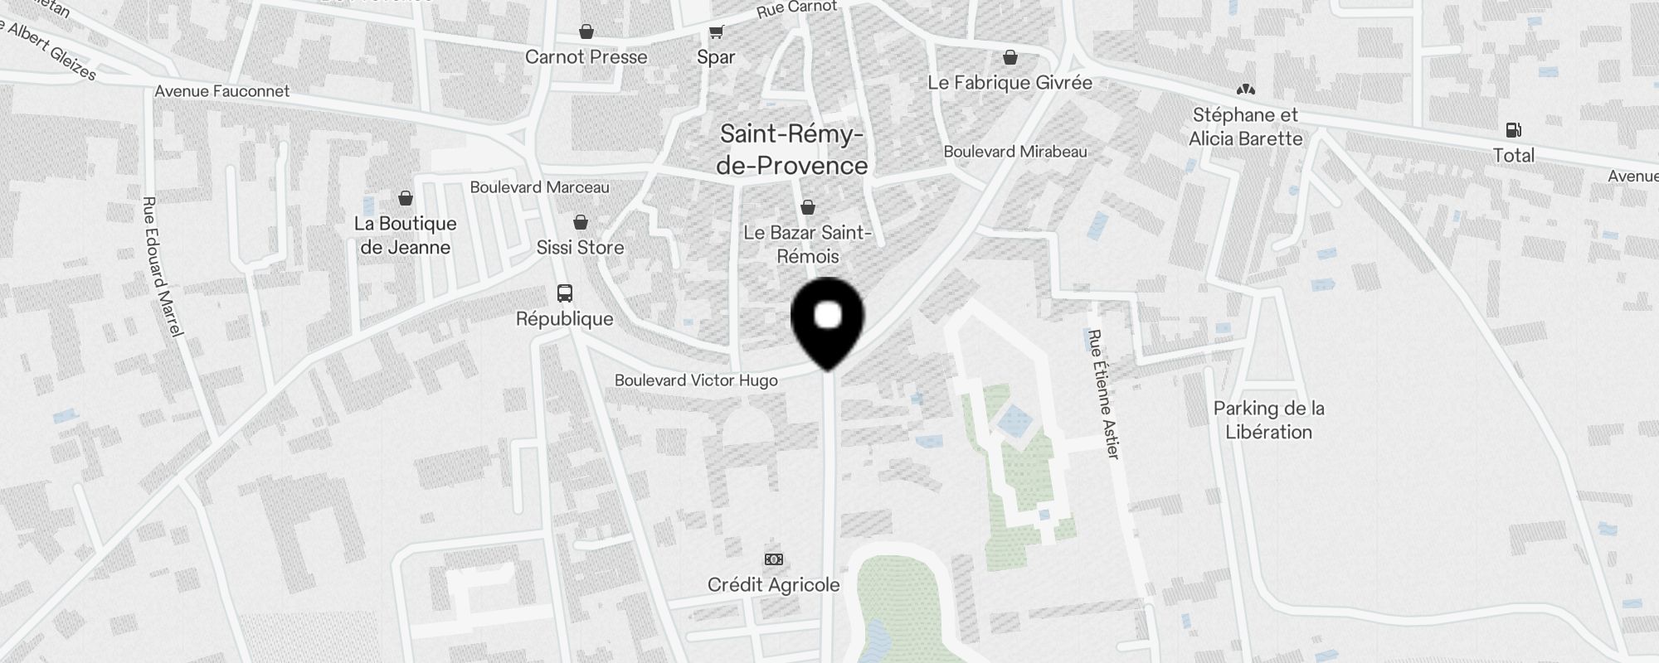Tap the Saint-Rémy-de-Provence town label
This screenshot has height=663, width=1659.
click(791, 150)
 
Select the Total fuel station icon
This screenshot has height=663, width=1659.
click(1513, 130)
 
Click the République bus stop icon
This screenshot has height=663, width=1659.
click(565, 293)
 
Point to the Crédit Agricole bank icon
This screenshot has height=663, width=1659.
click(773, 559)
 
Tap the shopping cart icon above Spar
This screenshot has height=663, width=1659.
click(716, 32)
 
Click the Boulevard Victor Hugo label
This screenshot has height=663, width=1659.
click(696, 380)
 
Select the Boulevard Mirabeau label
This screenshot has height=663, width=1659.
click(1014, 152)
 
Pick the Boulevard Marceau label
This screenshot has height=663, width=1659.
click(539, 187)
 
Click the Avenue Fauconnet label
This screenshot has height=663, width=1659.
click(221, 91)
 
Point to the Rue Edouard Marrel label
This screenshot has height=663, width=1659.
click(162, 266)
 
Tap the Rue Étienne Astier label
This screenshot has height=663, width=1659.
click(1104, 394)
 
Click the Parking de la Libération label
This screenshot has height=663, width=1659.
click(1268, 420)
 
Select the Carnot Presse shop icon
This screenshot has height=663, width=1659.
click(586, 32)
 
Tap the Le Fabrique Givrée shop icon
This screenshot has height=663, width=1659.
click(1010, 58)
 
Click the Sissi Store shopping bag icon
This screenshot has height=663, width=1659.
click(581, 223)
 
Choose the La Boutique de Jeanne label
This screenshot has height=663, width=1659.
click(405, 235)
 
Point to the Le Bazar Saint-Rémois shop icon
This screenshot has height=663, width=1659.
click(807, 208)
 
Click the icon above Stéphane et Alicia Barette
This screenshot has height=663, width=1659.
click(1245, 90)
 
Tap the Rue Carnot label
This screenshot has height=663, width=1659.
click(796, 9)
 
